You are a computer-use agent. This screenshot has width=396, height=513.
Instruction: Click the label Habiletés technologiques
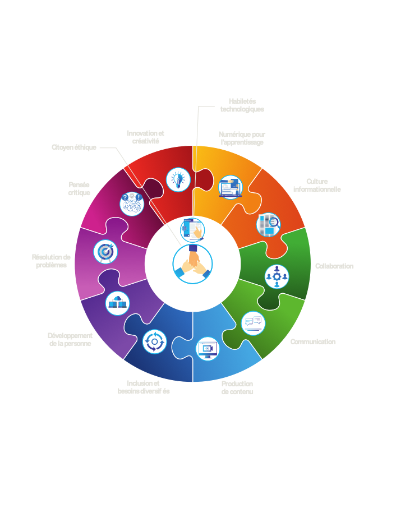242,105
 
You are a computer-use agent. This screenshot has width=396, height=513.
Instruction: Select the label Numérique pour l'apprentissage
241,138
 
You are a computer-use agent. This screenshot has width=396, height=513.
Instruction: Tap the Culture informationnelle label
317,186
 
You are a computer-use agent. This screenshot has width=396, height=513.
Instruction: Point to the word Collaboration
334,266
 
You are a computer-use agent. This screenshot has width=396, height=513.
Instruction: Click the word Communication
313,342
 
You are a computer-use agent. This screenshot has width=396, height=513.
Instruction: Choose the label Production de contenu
237,387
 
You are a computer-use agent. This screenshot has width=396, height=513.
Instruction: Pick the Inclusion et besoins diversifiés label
144,387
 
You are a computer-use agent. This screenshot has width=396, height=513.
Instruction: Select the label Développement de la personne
70,340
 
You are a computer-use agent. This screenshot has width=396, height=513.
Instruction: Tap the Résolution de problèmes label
51,261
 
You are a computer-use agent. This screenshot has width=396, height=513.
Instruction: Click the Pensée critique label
79,188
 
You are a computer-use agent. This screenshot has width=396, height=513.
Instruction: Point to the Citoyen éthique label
74,147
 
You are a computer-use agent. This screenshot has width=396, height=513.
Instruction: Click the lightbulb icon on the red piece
178,180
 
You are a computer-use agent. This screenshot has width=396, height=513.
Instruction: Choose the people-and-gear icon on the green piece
277,276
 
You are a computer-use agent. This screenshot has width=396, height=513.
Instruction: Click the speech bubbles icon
253,323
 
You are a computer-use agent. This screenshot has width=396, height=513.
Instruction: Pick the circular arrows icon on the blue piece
155,341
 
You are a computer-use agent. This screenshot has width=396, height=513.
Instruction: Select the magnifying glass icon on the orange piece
268,225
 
